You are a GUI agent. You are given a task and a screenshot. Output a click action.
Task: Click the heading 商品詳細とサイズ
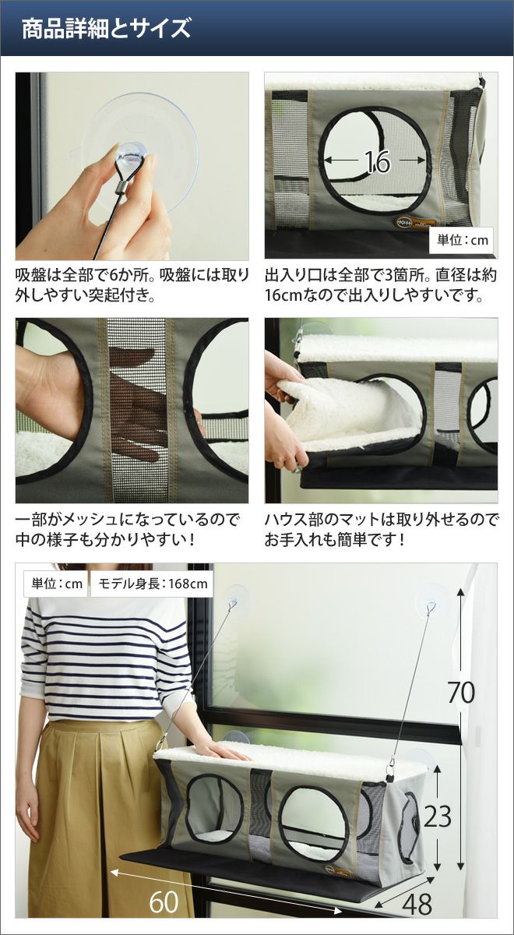(x=106, y=28)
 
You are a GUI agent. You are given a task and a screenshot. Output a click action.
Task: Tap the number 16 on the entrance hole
(x=377, y=161)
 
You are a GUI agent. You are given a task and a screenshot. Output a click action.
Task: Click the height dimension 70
(x=461, y=692)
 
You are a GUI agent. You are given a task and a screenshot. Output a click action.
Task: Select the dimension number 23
(x=438, y=816)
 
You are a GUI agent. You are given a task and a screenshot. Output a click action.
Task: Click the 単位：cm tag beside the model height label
(x=57, y=583)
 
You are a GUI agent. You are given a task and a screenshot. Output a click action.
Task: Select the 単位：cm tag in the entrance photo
(x=461, y=240)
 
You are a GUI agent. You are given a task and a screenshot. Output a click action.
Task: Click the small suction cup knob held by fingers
(x=129, y=155)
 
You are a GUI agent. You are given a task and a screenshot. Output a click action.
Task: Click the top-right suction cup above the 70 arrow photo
(x=431, y=599)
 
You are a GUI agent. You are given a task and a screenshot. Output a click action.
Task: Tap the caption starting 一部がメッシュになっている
(x=127, y=530)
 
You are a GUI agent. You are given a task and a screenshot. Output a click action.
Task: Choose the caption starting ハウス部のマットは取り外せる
(x=382, y=530)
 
